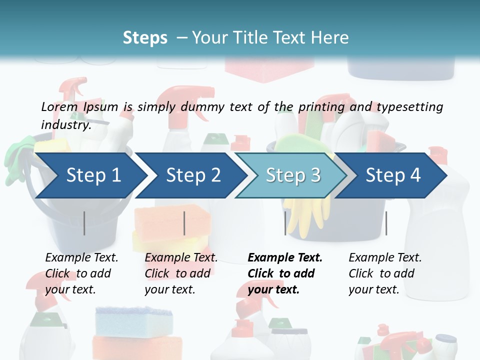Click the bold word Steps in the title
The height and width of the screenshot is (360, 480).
tap(145, 37)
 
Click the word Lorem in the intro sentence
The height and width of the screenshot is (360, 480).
tap(59, 106)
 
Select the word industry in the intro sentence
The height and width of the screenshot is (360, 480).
tap(65, 124)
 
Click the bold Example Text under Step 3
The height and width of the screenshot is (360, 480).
tap(285, 257)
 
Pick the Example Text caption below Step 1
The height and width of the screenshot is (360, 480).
tap(81, 257)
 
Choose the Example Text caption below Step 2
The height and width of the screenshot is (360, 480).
tap(181, 257)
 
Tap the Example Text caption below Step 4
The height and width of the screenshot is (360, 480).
tap(385, 257)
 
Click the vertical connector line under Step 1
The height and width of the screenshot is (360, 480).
tap(84, 223)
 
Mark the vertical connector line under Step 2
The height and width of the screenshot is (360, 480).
tap(184, 223)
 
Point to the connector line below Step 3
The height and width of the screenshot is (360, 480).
tap(285, 223)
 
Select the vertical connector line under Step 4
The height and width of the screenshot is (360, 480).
tap(386, 223)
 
